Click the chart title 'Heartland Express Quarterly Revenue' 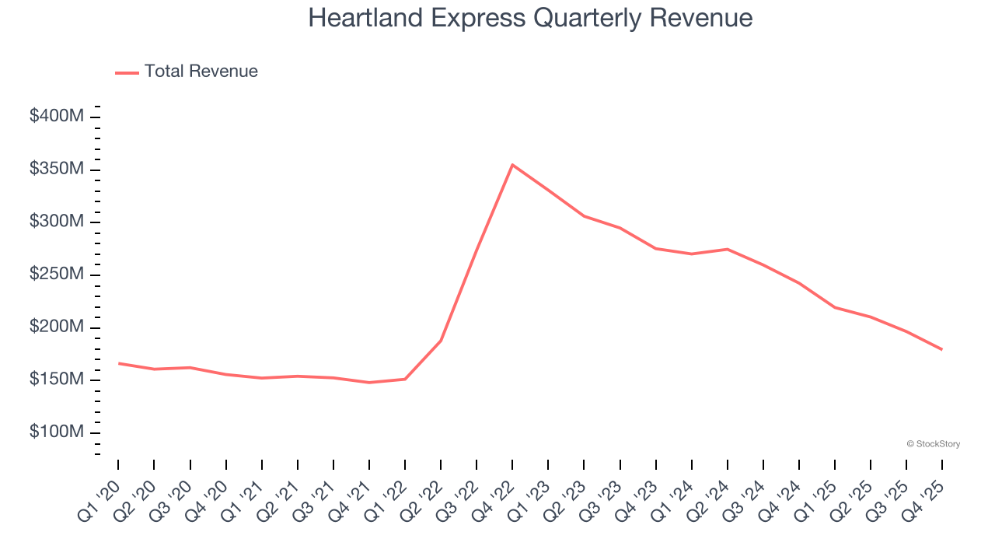click(530, 18)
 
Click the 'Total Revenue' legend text click(201, 72)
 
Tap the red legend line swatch click(127, 72)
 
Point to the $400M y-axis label click(57, 117)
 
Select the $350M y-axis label click(57, 170)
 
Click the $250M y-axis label click(57, 275)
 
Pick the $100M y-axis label click(57, 432)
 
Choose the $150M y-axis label click(57, 380)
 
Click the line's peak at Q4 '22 click(512, 165)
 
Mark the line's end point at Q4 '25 click(942, 349)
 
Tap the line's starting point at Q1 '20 click(118, 363)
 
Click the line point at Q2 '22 click(441, 341)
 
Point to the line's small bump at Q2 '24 click(727, 249)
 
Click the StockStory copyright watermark click(934, 444)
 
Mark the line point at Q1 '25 click(835, 307)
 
